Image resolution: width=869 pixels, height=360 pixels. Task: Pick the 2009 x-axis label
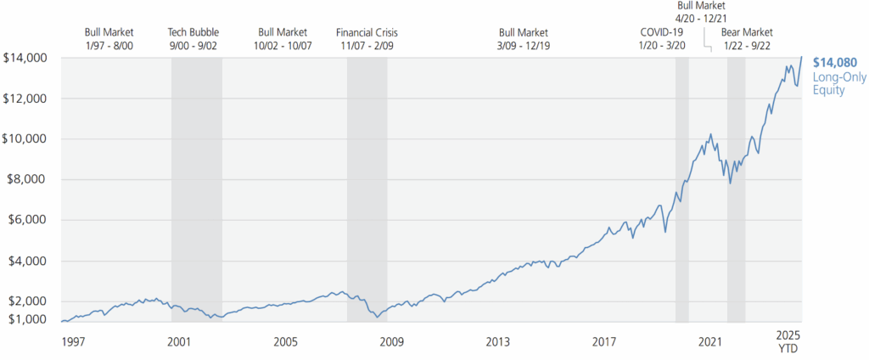(x=391, y=342)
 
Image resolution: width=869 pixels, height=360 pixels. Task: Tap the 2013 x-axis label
(x=497, y=342)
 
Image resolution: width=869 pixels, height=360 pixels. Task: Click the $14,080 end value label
(x=834, y=62)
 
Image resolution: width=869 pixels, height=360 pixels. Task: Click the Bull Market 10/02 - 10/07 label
(x=284, y=39)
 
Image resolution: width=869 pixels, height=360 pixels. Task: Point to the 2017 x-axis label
(x=603, y=342)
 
